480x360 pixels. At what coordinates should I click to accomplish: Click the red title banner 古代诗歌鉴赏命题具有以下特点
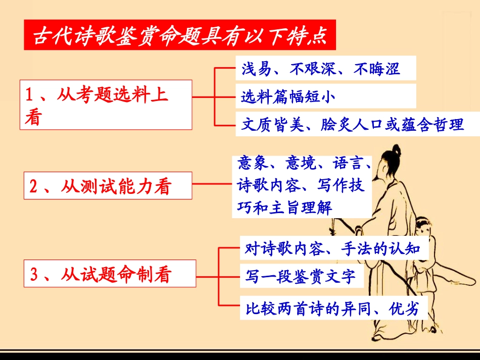coord(179,35)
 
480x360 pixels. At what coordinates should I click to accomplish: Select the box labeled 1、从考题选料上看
coord(106,105)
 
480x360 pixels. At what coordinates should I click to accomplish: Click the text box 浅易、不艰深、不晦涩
coord(325,69)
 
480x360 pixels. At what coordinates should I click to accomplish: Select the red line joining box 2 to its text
coord(213,184)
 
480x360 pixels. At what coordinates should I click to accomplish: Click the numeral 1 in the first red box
coord(30,94)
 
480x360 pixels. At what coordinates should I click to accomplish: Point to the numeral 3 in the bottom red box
coord(34,275)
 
